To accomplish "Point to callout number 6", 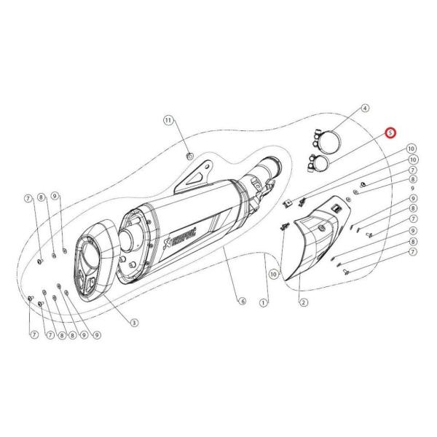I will [x=241, y=301].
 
